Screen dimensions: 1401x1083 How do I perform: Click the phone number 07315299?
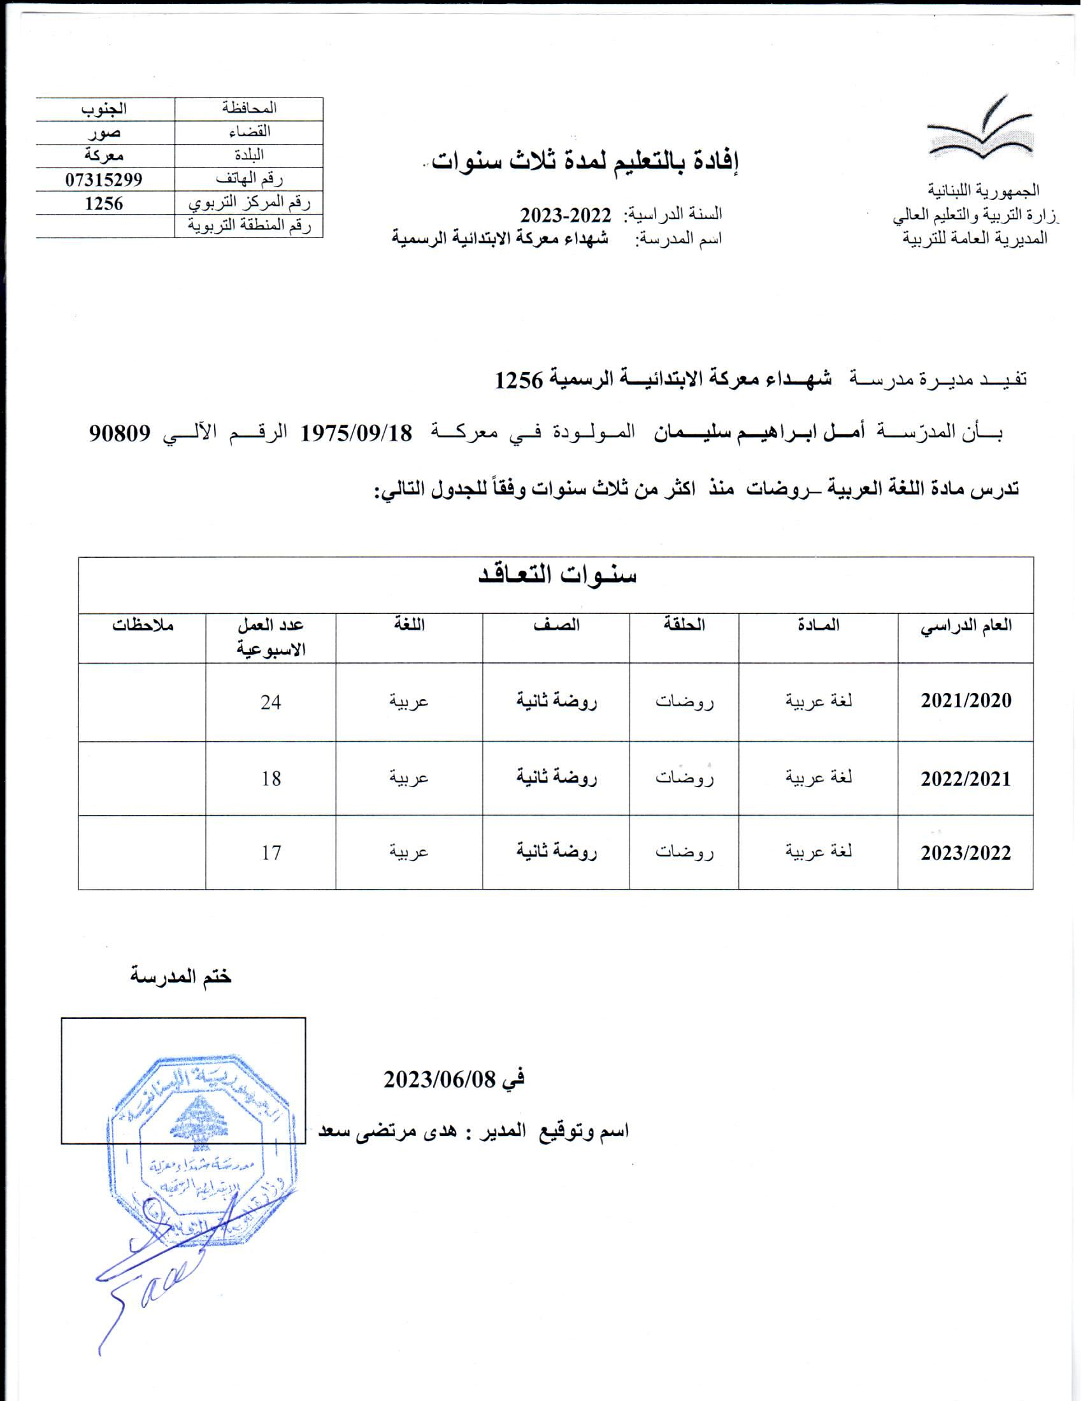[103, 180]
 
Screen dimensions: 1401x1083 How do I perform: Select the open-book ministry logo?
[980, 129]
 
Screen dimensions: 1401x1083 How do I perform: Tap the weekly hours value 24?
[271, 702]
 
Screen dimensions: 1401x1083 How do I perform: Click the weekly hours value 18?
[271, 779]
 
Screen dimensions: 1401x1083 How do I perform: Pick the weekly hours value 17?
[271, 853]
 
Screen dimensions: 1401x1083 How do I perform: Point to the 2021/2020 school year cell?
[966, 700]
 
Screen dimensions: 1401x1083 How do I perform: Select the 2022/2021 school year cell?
[966, 779]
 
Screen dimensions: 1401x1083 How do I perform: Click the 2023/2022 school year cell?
[966, 853]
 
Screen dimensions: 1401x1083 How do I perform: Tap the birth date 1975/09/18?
[356, 433]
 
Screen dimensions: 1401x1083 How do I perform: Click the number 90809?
[120, 434]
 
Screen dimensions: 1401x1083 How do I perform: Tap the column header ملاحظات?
[143, 625]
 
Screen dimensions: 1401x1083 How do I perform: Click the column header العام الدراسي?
[966, 626]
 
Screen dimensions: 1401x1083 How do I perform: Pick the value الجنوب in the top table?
[104, 108]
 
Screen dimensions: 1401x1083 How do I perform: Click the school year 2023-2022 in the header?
[565, 213]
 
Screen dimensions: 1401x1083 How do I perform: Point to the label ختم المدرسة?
[180, 977]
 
